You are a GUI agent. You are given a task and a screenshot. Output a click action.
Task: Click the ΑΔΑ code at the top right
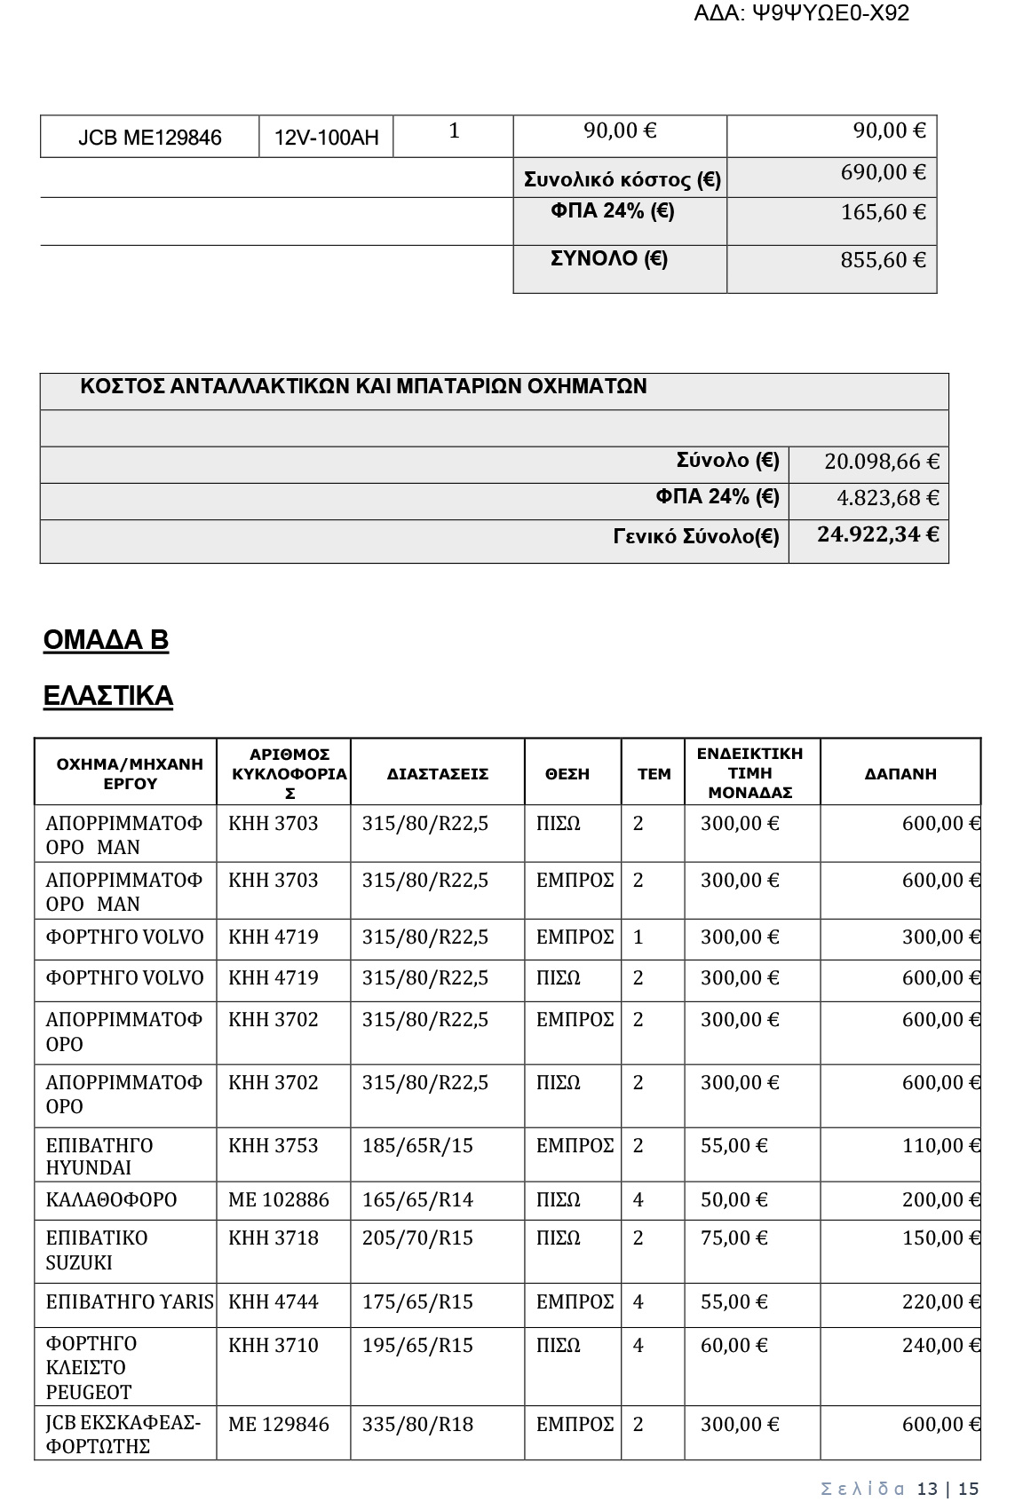pyautogui.click(x=801, y=13)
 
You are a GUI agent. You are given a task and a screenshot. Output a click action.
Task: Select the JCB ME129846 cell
pyautogui.click(x=150, y=138)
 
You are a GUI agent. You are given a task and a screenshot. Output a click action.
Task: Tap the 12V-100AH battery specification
pyautogui.click(x=326, y=138)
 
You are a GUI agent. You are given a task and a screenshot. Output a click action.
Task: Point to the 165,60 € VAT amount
pyautogui.click(x=883, y=212)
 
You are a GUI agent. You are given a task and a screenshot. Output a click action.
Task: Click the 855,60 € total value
pyautogui.click(x=883, y=260)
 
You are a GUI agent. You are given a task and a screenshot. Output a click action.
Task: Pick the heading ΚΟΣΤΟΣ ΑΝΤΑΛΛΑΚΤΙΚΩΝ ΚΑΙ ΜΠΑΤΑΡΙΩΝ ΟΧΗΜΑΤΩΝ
pyautogui.click(x=363, y=387)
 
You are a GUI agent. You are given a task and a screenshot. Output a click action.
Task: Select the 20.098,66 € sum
pyautogui.click(x=881, y=462)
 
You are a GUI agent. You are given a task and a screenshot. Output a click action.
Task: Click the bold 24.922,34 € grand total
pyautogui.click(x=877, y=534)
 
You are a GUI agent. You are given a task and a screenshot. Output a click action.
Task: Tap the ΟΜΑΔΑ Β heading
pyautogui.click(x=106, y=640)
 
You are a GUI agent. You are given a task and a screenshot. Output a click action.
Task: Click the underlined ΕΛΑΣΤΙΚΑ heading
pyautogui.click(x=108, y=696)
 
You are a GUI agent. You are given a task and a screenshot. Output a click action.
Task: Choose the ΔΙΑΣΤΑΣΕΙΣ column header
pyautogui.click(x=438, y=774)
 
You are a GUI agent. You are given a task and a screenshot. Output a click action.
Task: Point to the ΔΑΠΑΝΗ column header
pyautogui.click(x=900, y=774)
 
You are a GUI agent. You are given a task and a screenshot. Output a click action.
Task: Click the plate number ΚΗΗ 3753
pyautogui.click(x=273, y=1146)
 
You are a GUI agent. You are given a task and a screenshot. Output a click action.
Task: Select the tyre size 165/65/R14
pyautogui.click(x=417, y=1200)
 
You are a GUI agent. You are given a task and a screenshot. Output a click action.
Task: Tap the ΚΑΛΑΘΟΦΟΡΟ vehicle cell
pyautogui.click(x=111, y=1200)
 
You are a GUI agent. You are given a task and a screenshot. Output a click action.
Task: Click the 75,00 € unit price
pyautogui.click(x=733, y=1238)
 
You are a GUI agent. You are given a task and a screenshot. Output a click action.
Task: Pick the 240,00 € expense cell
pyautogui.click(x=940, y=1346)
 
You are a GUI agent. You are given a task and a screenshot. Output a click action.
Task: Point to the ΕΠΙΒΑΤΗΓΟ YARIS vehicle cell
pyautogui.click(x=130, y=1302)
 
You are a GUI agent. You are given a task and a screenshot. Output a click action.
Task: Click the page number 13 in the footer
pyautogui.click(x=927, y=1489)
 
